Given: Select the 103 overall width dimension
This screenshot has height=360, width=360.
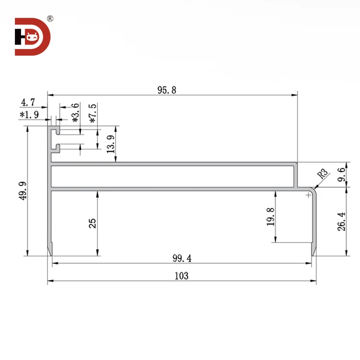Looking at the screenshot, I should point(181,276).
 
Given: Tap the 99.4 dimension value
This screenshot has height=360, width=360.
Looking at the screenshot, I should point(181,258).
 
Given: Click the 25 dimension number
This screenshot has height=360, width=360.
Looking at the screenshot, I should point(93,223).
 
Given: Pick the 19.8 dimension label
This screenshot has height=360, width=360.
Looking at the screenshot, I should point(271,216).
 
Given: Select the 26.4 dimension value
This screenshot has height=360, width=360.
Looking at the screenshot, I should point(341,222).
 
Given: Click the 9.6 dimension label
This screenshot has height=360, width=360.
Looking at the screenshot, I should point(341,174).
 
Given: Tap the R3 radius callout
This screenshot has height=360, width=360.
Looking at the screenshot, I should point(322,174).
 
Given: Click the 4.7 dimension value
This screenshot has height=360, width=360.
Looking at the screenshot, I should point(27,102).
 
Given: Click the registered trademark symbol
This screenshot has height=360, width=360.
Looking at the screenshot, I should point(50,19).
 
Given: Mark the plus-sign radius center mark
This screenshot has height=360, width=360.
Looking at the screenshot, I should point(308,195).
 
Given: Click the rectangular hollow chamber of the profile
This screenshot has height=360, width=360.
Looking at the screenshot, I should point(173,176).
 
